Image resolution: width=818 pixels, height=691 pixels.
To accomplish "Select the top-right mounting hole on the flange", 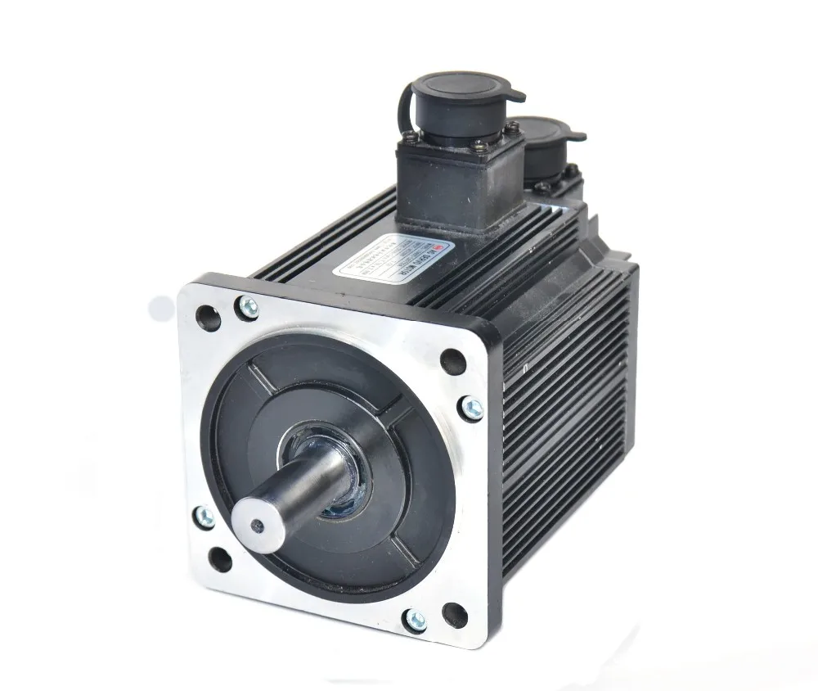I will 452,360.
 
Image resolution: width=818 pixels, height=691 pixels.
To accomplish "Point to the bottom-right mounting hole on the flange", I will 454,612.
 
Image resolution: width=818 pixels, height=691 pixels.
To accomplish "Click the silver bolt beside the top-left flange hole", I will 246,308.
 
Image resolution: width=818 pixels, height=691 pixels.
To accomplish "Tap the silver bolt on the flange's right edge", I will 472,407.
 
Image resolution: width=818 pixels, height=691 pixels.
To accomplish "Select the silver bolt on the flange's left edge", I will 204,516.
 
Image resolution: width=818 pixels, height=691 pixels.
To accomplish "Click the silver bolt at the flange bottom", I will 416,621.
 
